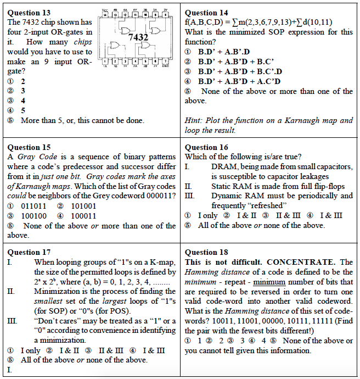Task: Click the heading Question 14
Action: [x=207, y=13]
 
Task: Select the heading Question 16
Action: [x=207, y=147]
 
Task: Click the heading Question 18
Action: [x=207, y=252]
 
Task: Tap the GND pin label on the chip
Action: [x=166, y=66]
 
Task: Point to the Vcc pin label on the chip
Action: [x=105, y=10]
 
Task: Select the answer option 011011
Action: [x=34, y=206]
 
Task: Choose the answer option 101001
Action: [x=83, y=206]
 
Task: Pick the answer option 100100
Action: [x=34, y=216]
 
